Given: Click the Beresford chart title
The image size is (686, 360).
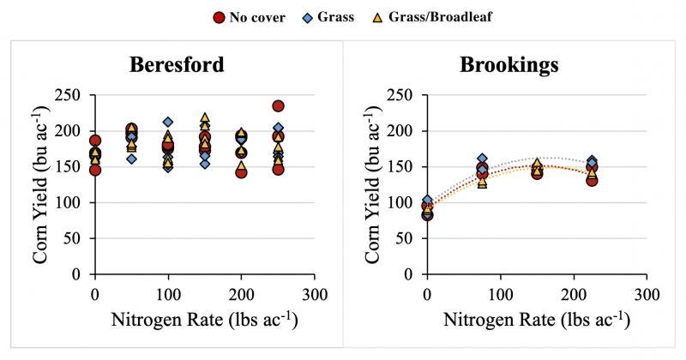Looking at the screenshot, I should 178,65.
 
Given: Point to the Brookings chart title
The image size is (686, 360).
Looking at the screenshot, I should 508,65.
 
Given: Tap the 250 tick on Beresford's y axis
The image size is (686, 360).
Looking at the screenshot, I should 72,95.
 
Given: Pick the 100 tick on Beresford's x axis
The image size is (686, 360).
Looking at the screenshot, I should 168,294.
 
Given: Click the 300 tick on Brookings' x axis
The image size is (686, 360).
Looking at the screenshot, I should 647,294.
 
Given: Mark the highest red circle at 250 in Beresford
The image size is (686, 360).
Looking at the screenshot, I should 278,106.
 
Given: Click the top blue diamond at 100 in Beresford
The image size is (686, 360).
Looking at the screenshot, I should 168,123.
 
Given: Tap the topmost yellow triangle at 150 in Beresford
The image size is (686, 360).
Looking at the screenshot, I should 205,118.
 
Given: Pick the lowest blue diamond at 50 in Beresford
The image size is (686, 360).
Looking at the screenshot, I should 131,159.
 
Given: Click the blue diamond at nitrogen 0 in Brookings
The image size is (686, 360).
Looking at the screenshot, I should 427,201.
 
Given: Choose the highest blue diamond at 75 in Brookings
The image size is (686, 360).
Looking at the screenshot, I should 482,159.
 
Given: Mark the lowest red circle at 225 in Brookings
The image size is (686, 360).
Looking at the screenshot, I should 592,180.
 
